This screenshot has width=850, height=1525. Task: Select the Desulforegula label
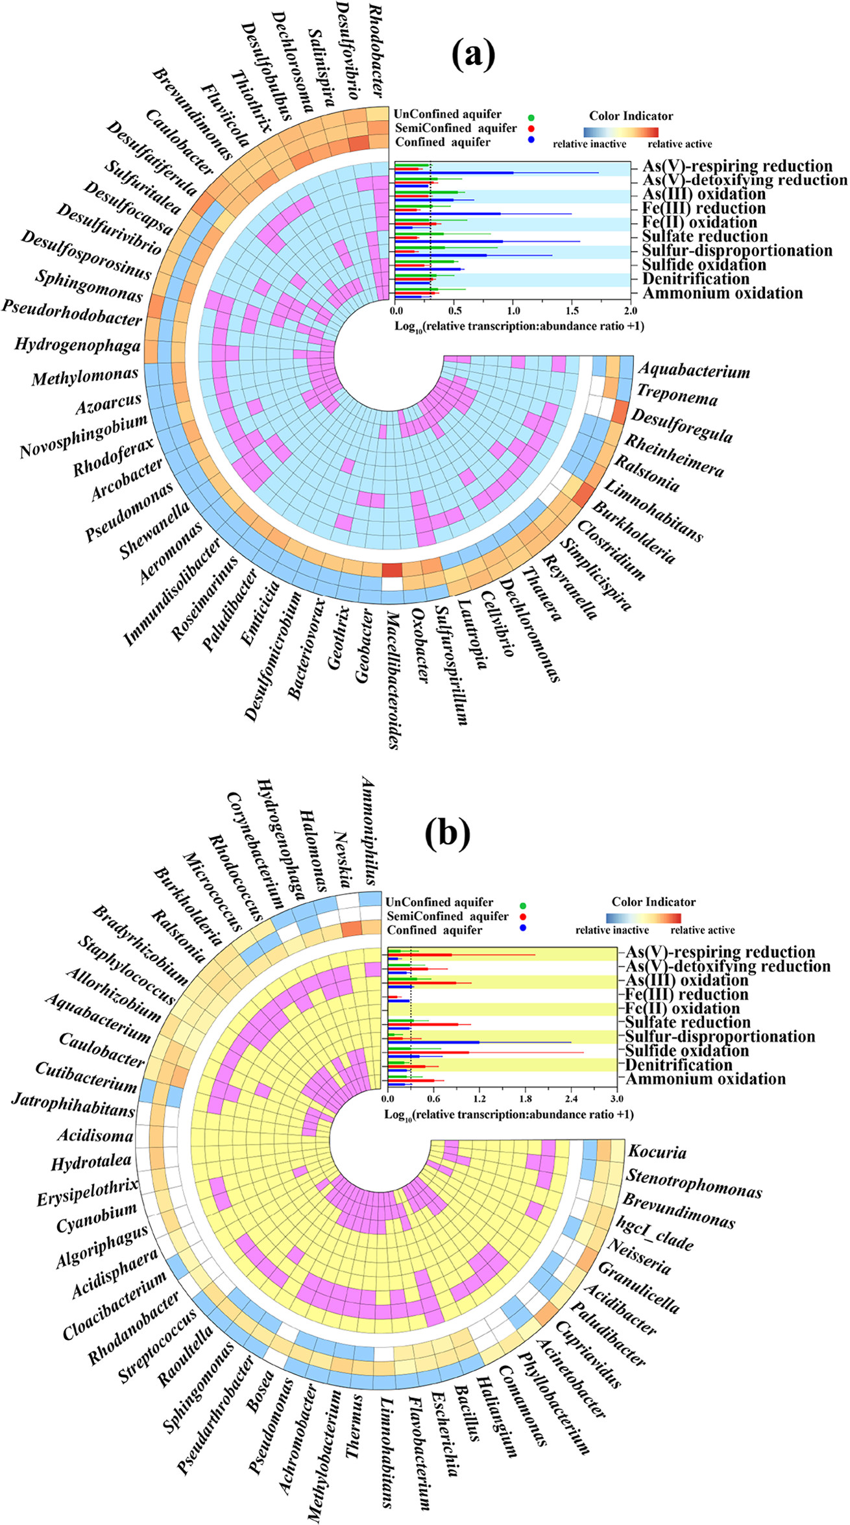click(x=682, y=426)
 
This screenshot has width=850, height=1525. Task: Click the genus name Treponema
click(x=677, y=395)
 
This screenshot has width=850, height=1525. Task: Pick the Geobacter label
click(x=364, y=646)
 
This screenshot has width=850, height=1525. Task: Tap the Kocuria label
click(x=657, y=1152)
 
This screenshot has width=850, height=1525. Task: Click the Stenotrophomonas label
click(x=694, y=1183)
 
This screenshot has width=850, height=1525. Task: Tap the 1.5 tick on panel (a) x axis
click(x=572, y=311)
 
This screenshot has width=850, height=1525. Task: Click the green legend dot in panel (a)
click(x=531, y=117)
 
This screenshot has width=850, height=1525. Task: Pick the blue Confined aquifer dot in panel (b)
click(x=523, y=930)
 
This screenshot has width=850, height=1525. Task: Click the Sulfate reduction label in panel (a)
click(x=705, y=236)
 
